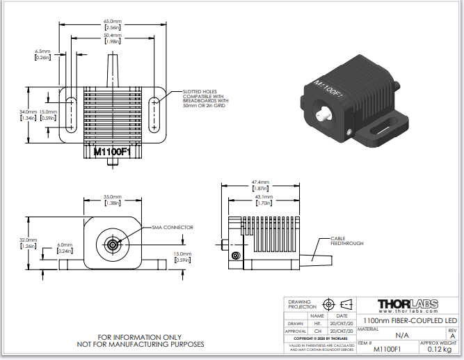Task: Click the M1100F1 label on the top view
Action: click(x=112, y=150)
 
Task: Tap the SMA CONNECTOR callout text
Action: click(x=173, y=228)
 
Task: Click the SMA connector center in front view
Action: click(x=111, y=244)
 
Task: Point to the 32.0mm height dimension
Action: click(x=28, y=242)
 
